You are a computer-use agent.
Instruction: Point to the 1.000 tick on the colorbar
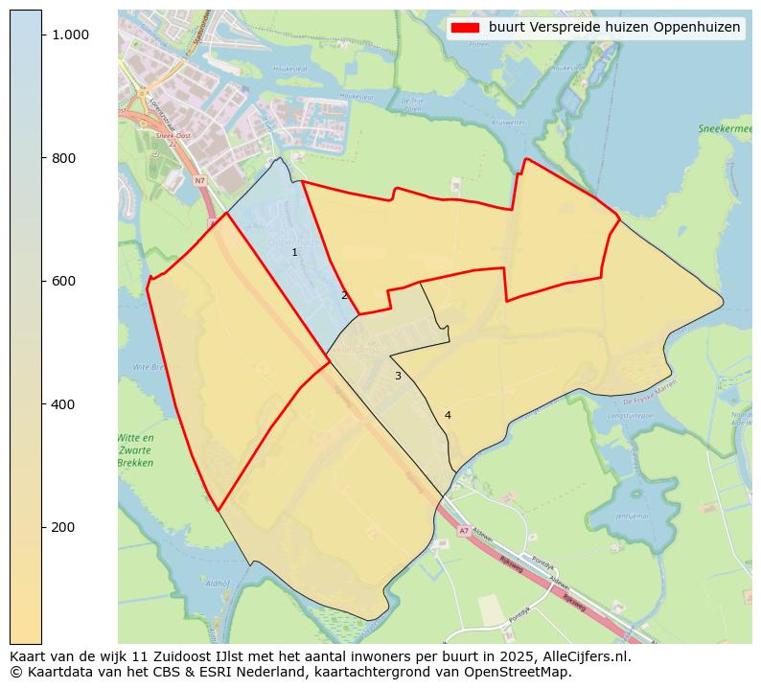70,34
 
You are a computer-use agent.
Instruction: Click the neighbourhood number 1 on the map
294,253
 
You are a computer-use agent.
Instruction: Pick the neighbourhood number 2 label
344,295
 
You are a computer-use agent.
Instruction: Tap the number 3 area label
398,376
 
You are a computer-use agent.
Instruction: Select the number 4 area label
448,415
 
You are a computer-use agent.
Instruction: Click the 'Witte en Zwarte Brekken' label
135,450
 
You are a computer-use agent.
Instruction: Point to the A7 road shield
464,531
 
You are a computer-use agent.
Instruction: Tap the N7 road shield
199,180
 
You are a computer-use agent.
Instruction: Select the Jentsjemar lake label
633,515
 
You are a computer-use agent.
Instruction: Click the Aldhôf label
219,583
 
